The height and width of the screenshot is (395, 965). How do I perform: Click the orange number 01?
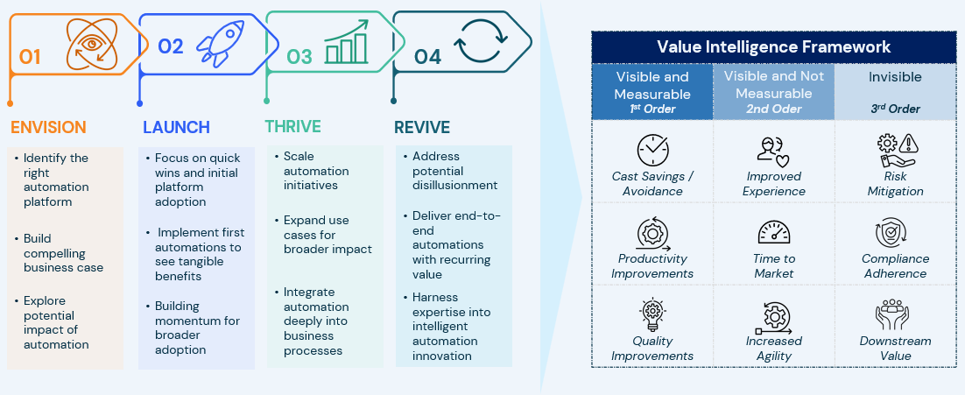[x=30, y=57]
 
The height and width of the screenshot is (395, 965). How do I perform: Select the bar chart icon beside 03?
[x=347, y=42]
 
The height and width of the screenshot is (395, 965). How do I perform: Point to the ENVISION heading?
[x=48, y=127]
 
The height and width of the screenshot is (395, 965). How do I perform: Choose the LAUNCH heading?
[x=177, y=127]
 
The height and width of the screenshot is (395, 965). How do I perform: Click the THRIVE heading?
[x=293, y=127]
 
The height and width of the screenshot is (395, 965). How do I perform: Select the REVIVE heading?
[x=422, y=127]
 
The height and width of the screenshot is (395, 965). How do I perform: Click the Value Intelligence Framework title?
[x=773, y=46]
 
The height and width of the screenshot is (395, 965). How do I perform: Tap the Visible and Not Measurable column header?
[x=773, y=92]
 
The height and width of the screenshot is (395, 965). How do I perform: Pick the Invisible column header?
[x=896, y=77]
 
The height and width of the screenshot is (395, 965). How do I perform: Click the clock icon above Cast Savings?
[x=652, y=150]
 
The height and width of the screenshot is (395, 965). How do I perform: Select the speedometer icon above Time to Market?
[x=773, y=233]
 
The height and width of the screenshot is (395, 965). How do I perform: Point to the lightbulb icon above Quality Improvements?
[x=652, y=314]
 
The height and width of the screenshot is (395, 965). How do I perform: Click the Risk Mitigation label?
[x=896, y=184]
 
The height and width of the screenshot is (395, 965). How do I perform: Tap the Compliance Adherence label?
[x=896, y=266]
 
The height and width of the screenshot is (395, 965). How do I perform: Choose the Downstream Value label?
[x=896, y=349]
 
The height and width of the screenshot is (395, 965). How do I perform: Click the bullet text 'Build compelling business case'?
[x=63, y=253]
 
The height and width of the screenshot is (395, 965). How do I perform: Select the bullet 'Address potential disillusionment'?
[x=454, y=171]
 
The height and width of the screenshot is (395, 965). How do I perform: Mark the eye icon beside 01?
[x=91, y=45]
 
